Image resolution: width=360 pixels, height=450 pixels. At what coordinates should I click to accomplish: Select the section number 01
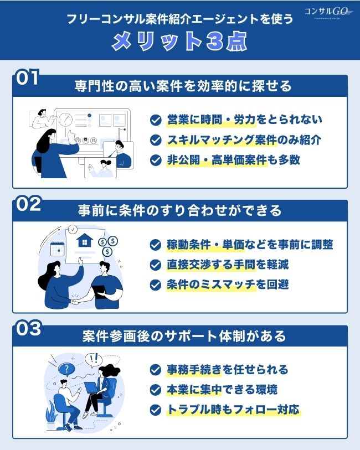pyautogui.click(x=28, y=78)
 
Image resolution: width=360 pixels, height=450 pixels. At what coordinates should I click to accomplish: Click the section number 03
pyautogui.click(x=28, y=328)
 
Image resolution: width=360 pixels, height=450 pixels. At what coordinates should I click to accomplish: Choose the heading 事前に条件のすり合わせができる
pyautogui.click(x=182, y=211)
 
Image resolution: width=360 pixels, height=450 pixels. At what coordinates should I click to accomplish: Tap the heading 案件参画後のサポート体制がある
pyautogui.click(x=183, y=336)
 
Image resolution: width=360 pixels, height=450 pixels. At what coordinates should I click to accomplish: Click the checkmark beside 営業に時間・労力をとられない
pyautogui.click(x=156, y=120)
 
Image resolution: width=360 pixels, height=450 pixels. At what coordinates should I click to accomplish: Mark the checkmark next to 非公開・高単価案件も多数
pyautogui.click(x=156, y=160)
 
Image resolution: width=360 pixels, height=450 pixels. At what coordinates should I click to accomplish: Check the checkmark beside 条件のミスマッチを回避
pyautogui.click(x=156, y=285)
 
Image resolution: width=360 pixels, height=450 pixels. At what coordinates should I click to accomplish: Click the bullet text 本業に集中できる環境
pyautogui.click(x=222, y=390)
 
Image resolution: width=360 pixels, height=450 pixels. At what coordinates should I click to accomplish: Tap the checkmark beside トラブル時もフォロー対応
pyautogui.click(x=156, y=410)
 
